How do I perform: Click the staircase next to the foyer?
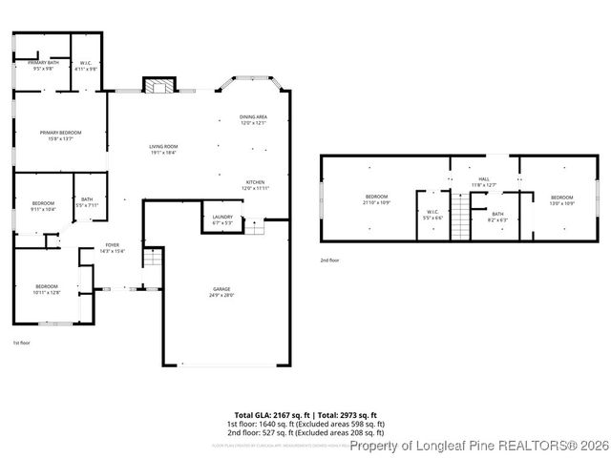153,258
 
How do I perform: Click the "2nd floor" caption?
329,260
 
